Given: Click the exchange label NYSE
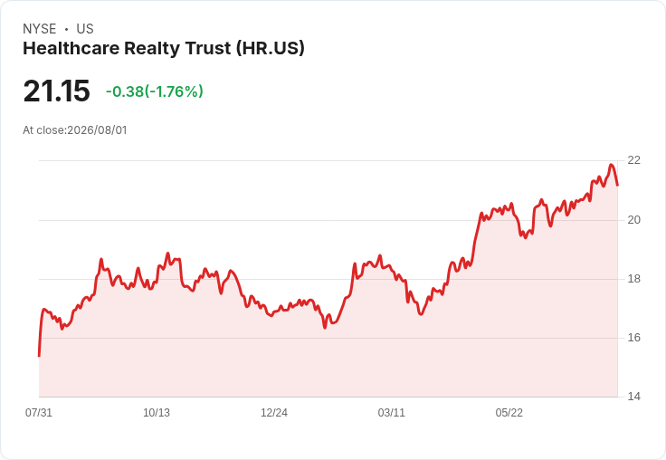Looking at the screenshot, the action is click(x=40, y=29).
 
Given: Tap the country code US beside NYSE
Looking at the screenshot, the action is click(x=85, y=29).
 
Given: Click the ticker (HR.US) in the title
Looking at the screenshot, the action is click(x=271, y=49).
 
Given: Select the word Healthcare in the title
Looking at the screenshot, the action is click(x=71, y=49).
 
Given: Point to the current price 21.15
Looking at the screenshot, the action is click(x=56, y=91).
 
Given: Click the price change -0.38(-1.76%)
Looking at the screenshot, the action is click(x=155, y=91).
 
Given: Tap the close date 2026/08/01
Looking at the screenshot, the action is click(x=97, y=130).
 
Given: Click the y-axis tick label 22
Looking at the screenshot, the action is click(x=633, y=160).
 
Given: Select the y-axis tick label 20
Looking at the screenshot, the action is click(x=633, y=220).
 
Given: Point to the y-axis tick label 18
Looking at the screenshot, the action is click(x=633, y=279).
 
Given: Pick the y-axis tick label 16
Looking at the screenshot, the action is click(x=633, y=338).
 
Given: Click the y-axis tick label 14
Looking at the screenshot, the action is click(x=633, y=397).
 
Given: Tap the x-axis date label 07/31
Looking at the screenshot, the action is click(x=39, y=412).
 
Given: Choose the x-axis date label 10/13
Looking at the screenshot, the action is click(x=157, y=412).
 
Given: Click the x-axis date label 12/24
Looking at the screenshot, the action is click(x=274, y=412).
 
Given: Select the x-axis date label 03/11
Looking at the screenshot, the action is click(x=391, y=412).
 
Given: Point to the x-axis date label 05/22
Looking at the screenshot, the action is click(x=509, y=412).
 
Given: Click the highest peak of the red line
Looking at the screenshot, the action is click(x=611, y=165).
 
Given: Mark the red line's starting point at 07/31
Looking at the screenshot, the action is click(x=39, y=356).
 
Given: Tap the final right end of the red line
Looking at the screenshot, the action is click(x=617, y=185).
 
